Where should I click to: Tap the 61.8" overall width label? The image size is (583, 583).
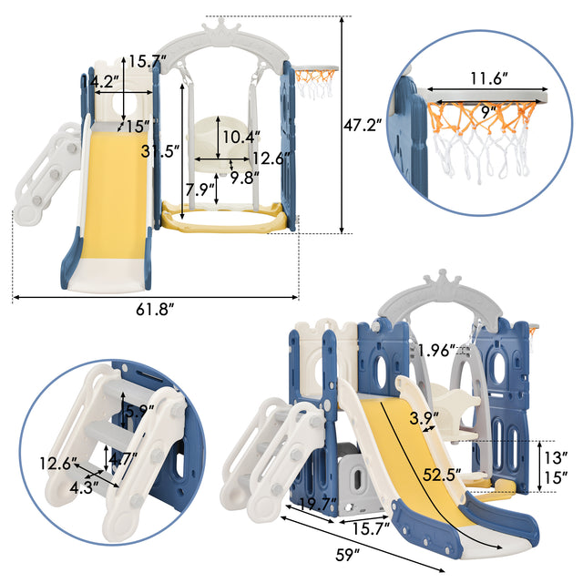[154, 311]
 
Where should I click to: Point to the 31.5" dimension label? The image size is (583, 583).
[160, 151]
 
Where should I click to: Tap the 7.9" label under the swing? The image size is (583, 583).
[199, 190]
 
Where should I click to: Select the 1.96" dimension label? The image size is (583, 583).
[437, 346]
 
